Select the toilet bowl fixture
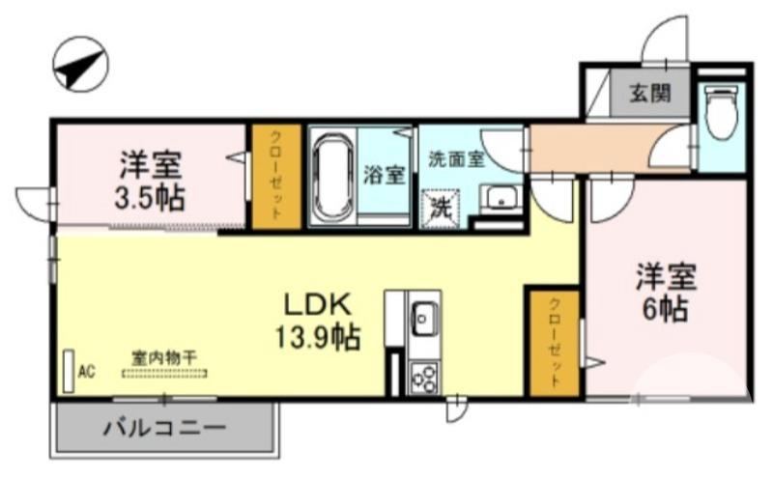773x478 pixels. (x=721, y=114)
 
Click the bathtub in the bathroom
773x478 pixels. (x=332, y=177)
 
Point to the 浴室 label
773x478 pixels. (x=384, y=176)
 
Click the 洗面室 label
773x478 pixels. (x=455, y=161)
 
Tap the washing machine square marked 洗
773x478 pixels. (x=441, y=207)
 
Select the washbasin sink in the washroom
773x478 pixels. (x=501, y=200)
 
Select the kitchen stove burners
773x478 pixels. (x=423, y=375)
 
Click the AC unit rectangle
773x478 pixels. (x=69, y=371)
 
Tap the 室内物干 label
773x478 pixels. (x=163, y=356)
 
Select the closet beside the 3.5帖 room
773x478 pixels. (x=275, y=178)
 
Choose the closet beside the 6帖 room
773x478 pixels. (x=554, y=341)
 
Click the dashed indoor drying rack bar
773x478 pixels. (x=163, y=372)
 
